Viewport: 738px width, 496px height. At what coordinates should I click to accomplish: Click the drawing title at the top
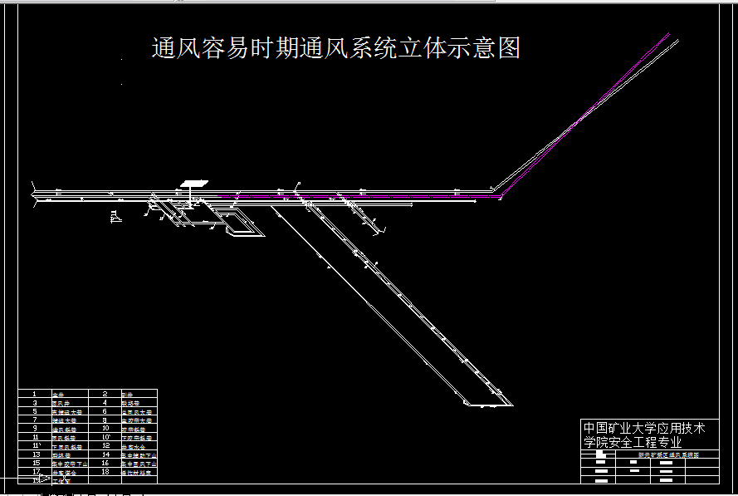pyautogui.click(x=335, y=48)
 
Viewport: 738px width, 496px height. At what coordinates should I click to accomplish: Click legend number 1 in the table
pyautogui.click(x=34, y=394)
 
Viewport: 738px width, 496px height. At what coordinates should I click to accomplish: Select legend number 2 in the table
pyautogui.click(x=105, y=394)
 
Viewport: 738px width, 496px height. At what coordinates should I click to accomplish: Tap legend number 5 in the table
pyautogui.click(x=34, y=411)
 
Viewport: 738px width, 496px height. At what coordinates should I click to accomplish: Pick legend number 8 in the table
pyautogui.click(x=105, y=420)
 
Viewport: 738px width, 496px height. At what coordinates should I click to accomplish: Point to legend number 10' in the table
pyautogui.click(x=106, y=437)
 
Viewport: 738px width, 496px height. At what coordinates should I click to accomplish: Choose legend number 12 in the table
pyautogui.click(x=105, y=446)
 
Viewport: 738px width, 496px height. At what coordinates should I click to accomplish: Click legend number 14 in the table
pyautogui.click(x=105, y=454)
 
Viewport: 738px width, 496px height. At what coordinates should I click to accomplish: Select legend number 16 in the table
pyautogui.click(x=105, y=464)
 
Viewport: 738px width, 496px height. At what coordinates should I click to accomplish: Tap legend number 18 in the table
pyautogui.click(x=105, y=472)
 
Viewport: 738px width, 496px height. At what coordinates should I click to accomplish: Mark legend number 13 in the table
pyautogui.click(x=36, y=454)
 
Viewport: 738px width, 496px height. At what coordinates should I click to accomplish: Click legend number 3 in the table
pyautogui.click(x=34, y=403)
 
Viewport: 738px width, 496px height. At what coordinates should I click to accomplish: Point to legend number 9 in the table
pyautogui.click(x=34, y=429)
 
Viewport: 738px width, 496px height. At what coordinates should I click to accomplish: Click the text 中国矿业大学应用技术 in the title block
pyautogui.click(x=644, y=428)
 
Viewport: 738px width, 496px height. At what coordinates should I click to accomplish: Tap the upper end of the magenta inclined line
pyautogui.click(x=667, y=34)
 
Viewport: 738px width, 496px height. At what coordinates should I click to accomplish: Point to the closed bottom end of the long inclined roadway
pyautogui.click(x=488, y=404)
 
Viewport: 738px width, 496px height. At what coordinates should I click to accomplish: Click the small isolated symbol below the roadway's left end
pyautogui.click(x=115, y=217)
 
